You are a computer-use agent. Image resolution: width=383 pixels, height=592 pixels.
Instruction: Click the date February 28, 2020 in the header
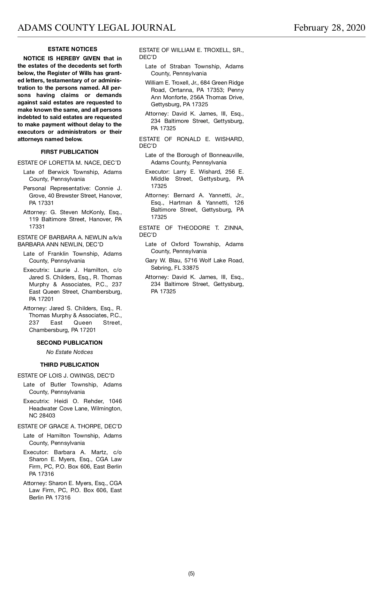pos(329,28)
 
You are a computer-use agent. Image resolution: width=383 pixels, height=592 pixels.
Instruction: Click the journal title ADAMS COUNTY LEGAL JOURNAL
pos(96,28)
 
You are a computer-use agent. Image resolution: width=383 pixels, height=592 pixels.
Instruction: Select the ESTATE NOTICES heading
pos(72,49)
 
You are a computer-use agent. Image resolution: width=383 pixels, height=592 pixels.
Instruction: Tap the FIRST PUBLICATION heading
pos(70,152)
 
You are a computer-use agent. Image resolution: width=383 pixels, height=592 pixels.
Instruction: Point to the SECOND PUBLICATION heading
pos(70,343)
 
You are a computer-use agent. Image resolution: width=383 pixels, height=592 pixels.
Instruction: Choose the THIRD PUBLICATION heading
pos(70,365)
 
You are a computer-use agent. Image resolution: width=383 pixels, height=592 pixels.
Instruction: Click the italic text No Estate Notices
pos(70,352)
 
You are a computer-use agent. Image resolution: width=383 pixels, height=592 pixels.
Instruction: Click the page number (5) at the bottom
pos(191,573)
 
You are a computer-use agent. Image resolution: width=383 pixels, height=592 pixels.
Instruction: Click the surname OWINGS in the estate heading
pos(81,376)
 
